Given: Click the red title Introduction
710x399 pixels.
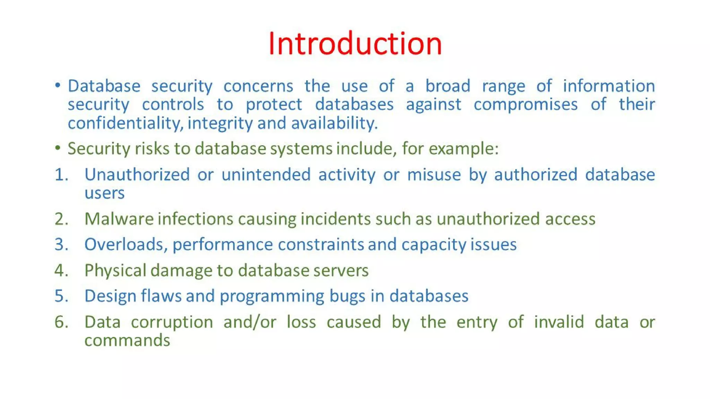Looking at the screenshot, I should point(355,44).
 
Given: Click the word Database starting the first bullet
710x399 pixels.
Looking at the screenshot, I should point(104,86).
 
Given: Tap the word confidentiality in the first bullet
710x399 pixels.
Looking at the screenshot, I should point(125,123).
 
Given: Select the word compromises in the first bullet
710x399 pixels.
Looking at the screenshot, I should point(526,105).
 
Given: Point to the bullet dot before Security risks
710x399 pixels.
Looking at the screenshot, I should point(58,148).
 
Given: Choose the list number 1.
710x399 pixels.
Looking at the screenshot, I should point(61,175).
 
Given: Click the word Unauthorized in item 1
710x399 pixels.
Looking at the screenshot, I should point(137,175).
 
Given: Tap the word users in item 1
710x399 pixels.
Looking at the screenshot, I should point(104,193).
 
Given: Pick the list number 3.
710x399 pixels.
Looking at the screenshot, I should point(61,245).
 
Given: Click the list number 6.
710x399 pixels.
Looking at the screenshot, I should point(61,322).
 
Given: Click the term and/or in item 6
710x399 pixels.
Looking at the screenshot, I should point(250,322).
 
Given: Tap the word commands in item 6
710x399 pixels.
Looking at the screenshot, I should point(127,340).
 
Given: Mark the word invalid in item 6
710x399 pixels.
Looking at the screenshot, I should point(559,322).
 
